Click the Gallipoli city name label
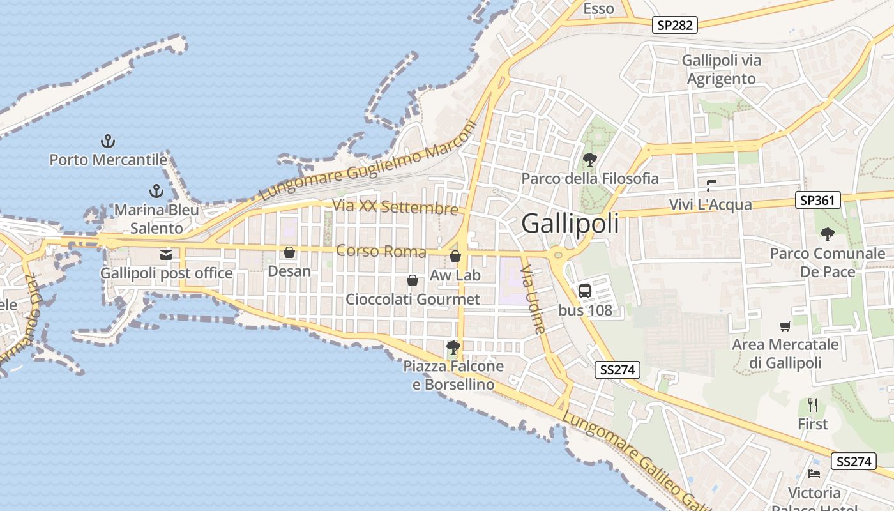[570, 224]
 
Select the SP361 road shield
[817, 201]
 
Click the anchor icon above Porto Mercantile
[108, 141]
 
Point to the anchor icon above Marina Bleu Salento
[156, 191]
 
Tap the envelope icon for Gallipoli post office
[166, 255]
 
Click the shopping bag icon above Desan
[289, 252]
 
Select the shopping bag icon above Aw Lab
[455, 256]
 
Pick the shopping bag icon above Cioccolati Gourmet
[413, 280]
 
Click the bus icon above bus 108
[585, 291]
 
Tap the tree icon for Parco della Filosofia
[590, 159]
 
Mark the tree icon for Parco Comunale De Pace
[828, 234]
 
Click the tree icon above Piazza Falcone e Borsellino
[453, 347]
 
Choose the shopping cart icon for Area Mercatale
[785, 326]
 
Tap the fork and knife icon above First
[813, 405]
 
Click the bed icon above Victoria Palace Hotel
[814, 474]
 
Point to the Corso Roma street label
[381, 251]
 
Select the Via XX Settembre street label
[395, 207]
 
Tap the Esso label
[599, 8]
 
